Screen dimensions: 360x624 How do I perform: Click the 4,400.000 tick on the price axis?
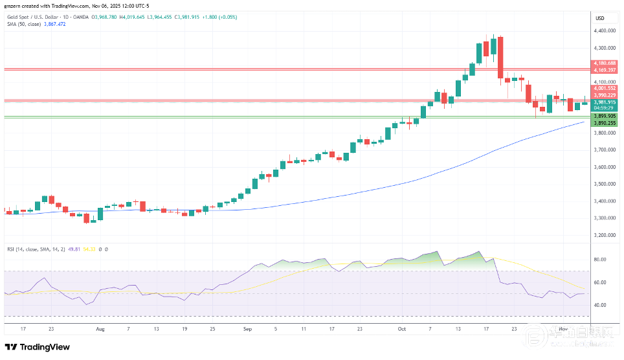pos(604,30)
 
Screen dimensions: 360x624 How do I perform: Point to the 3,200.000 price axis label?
pos(604,235)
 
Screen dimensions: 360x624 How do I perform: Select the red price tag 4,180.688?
pos(604,63)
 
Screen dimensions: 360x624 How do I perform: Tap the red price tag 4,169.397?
pos(604,69)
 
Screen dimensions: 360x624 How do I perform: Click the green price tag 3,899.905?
pos(604,116)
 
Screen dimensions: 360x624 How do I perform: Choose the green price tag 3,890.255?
pos(604,122)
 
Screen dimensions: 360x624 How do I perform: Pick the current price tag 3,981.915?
pos(604,102)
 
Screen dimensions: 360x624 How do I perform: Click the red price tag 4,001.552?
pos(604,88)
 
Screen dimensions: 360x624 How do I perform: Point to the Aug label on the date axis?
pos(100,329)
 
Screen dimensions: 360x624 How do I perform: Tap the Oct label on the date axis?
pos(401,329)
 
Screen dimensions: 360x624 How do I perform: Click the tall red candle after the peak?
pos(500,57)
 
